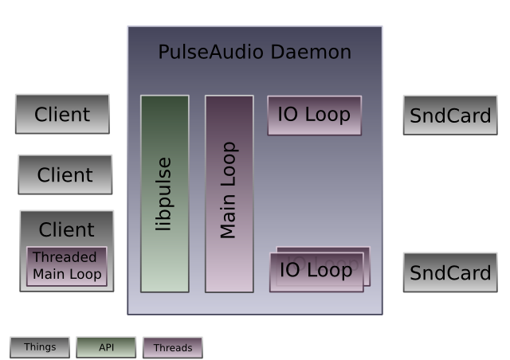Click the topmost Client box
[62, 114]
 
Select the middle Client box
[65, 174]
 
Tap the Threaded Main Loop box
[67, 266]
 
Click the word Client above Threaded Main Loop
[67, 229]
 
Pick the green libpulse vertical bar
[165, 194]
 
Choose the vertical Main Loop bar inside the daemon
[229, 194]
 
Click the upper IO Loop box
[314, 115]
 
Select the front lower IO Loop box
[316, 271]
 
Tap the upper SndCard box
[450, 115]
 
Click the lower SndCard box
[450, 272]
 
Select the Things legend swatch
[40, 347]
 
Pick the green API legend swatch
[106, 347]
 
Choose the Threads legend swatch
[173, 347]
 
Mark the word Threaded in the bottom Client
[65, 257]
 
